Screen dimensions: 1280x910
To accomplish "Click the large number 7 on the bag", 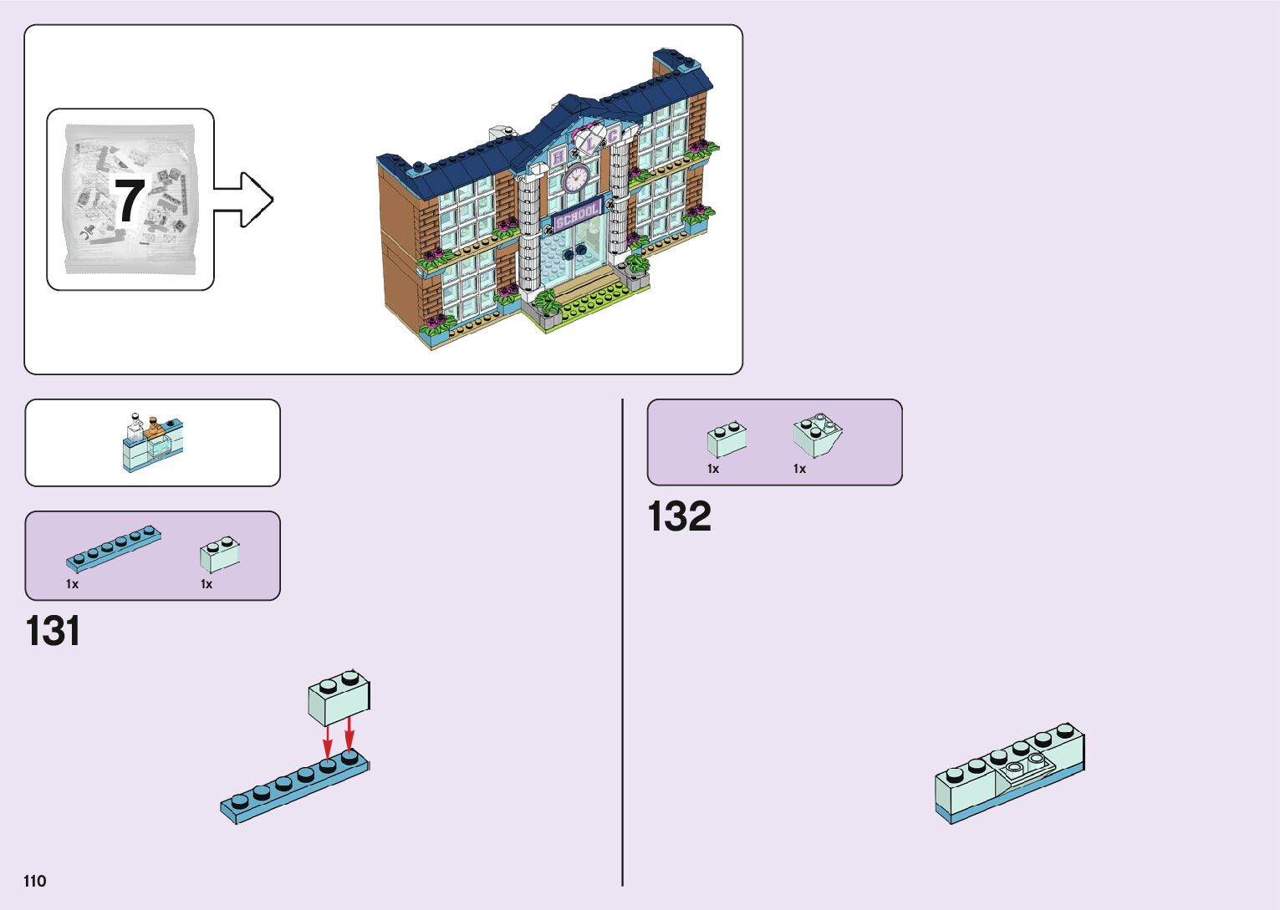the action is pos(130,201).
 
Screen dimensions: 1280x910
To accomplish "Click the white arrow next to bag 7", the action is pos(247,199).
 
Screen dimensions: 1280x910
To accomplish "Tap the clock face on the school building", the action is pos(577,178).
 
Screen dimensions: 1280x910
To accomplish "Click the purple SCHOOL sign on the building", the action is pos(577,216).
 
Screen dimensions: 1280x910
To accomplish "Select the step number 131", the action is pos(54,632).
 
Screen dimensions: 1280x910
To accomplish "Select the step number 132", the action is pos(679,516).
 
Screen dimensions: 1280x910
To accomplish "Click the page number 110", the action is pos(35,881).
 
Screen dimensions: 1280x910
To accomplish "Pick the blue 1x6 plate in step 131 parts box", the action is pos(114,547).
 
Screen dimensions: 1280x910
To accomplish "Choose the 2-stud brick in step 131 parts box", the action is pos(220,554).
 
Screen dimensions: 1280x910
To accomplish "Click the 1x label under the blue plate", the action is pos(72,584).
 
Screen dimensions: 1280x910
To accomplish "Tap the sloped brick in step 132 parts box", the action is pos(817,435).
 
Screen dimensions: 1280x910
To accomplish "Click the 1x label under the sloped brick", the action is pos(799,469).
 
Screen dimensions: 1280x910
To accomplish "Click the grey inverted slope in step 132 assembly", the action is pos(1025,768).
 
